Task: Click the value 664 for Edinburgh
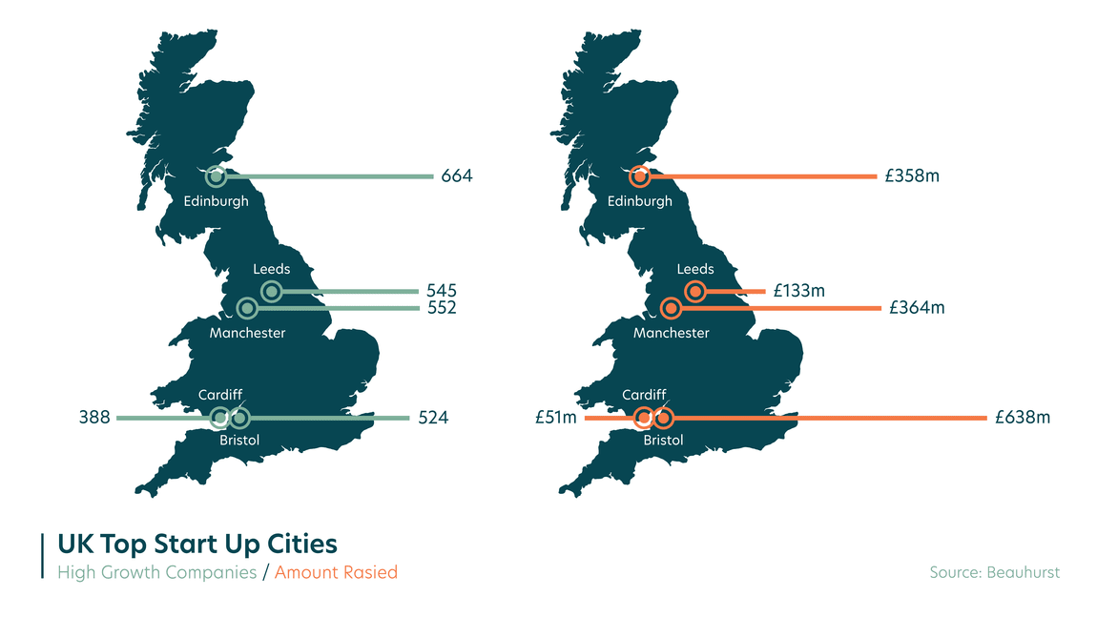[x=456, y=176]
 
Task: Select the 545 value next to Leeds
[x=442, y=291]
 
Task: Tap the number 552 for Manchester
[x=442, y=308]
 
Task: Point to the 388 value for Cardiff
[x=94, y=418]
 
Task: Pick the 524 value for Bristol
[x=433, y=418]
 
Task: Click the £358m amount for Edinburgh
[x=913, y=176]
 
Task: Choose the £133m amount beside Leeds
[x=798, y=291]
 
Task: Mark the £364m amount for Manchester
[x=917, y=308]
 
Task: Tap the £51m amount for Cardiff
[x=555, y=418]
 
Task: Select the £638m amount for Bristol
[x=1022, y=418]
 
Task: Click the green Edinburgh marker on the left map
[x=217, y=176]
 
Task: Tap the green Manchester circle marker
[x=247, y=308]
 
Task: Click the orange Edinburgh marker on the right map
[x=640, y=176]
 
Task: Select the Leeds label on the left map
[x=271, y=270]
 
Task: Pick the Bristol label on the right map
[x=663, y=441]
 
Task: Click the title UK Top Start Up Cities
[x=197, y=545]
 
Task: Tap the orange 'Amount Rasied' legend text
[x=336, y=572]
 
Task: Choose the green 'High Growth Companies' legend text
[x=156, y=572]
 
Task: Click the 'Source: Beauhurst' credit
[x=994, y=572]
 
